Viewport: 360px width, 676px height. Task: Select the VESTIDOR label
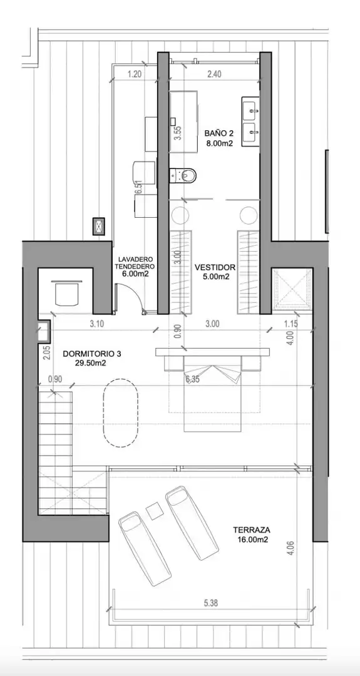coord(214,267)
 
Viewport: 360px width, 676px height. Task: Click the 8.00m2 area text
coord(220,143)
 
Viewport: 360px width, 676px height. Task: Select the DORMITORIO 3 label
coord(92,354)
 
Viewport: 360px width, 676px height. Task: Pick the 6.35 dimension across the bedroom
coord(193,380)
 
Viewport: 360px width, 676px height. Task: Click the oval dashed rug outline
coord(120,412)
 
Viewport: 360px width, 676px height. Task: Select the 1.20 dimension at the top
coord(135,74)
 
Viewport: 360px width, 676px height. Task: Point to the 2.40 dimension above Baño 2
coord(214,74)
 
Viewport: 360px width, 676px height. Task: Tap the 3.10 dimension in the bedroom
coord(96,324)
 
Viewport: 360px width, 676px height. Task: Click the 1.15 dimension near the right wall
coord(292,324)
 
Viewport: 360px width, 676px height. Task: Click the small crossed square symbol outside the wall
coord(100,226)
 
